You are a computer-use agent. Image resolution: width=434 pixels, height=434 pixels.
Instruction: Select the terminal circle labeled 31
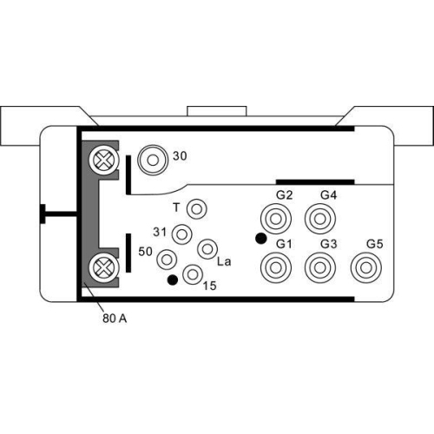(x=182, y=234)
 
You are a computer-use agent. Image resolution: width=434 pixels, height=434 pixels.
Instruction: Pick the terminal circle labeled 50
(x=168, y=259)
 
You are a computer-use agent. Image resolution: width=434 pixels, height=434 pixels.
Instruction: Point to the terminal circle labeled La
(x=207, y=249)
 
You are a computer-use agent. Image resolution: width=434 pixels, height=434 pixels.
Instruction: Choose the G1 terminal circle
(x=278, y=266)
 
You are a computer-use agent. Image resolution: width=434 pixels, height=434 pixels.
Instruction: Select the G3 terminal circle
(x=322, y=266)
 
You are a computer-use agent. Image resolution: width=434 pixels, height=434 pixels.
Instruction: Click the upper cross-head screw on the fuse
(x=103, y=160)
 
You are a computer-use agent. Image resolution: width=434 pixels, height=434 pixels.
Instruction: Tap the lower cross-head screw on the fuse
(x=103, y=265)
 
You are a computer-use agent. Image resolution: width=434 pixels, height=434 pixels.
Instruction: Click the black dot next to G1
(x=260, y=238)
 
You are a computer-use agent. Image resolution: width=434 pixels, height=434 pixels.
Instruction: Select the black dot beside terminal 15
(x=172, y=279)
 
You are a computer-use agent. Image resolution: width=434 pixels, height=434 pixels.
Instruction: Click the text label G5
(x=375, y=244)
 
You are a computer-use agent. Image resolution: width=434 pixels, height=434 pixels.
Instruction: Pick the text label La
(x=224, y=261)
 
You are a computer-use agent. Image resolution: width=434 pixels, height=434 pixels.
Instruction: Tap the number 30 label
(x=181, y=156)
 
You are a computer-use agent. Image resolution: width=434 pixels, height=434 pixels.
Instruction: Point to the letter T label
(x=176, y=208)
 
